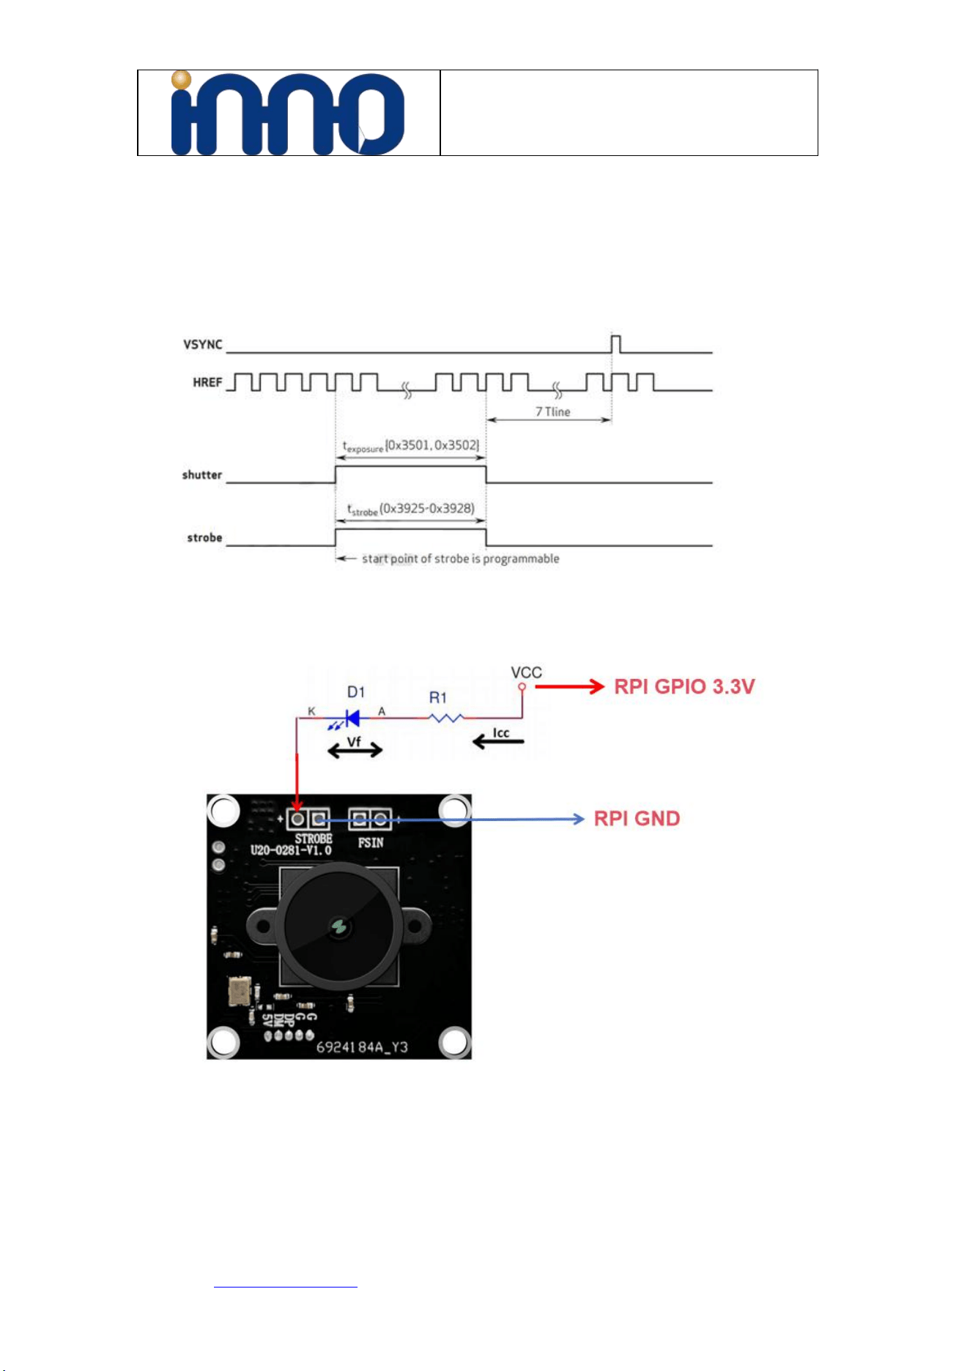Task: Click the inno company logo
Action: (287, 113)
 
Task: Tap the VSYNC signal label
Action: (203, 344)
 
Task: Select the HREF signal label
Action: (207, 382)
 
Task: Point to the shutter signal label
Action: (202, 475)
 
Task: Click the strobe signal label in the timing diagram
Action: (204, 538)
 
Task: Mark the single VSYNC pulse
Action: (616, 343)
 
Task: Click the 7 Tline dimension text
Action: (552, 412)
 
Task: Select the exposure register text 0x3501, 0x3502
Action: (432, 445)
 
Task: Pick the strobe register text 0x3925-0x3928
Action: (427, 508)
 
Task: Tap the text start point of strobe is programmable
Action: (460, 559)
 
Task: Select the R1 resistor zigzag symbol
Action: (446, 718)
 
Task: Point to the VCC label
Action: (526, 672)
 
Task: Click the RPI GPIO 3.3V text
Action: (684, 686)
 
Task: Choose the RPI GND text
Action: (637, 818)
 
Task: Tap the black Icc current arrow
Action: (498, 742)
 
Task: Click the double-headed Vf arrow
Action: (355, 750)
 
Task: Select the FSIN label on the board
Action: (371, 843)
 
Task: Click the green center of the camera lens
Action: (339, 927)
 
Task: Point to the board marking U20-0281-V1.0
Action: (291, 850)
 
